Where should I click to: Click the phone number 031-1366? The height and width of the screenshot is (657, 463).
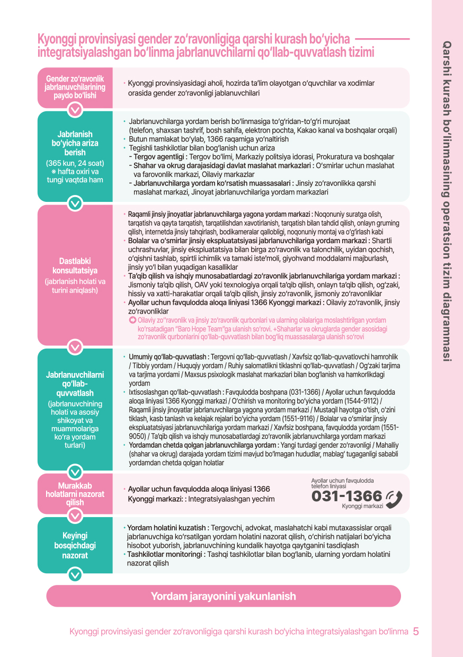(346, 496)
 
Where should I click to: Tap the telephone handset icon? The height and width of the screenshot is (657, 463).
(394, 497)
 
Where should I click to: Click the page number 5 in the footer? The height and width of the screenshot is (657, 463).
(416, 632)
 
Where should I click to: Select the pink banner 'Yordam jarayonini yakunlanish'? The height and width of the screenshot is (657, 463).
(224, 596)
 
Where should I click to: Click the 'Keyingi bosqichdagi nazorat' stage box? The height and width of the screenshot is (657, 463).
(75, 546)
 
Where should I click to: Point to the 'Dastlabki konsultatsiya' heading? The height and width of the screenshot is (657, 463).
(75, 265)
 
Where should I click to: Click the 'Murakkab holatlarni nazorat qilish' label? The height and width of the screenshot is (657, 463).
(75, 494)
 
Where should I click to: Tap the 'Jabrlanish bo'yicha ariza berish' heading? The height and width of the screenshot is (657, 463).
(75, 144)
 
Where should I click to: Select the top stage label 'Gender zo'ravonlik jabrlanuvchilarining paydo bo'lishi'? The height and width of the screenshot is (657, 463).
(75, 87)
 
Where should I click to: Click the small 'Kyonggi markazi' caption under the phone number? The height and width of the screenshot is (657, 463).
(362, 507)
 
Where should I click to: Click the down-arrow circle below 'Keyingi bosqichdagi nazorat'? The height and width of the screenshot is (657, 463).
(75, 574)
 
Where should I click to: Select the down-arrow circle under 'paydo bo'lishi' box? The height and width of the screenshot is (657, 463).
(75, 110)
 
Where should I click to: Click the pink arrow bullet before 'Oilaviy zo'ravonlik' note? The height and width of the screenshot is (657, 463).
(132, 321)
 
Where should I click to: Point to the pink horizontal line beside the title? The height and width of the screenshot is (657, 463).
(381, 39)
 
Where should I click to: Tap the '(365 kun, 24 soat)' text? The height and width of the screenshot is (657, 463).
(75, 163)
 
